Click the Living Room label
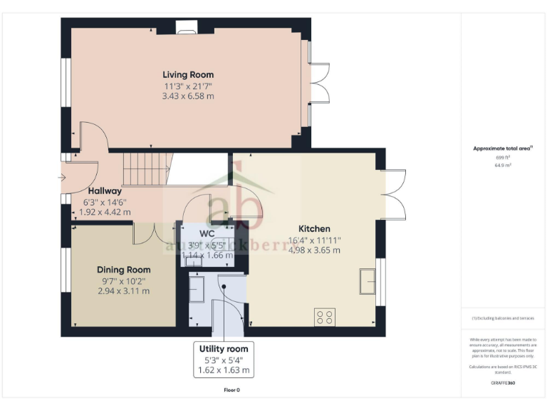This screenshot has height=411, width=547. point(187,75)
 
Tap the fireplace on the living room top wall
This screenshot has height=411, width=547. point(186,27)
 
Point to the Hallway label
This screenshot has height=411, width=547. point(105,191)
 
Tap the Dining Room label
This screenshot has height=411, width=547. point(123,270)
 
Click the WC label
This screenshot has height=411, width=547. point(207,233)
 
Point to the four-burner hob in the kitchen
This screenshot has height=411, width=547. point(325,316)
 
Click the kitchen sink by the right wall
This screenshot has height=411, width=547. point(368,280)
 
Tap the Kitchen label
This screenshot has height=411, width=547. point(314,229)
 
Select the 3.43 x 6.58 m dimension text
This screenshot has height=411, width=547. point(187,96)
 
